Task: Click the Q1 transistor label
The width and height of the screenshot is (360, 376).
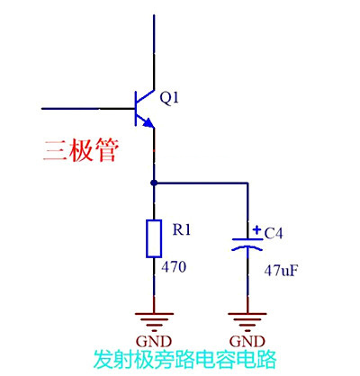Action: pyautogui.click(x=170, y=98)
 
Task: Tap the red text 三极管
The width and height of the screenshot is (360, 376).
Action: pyautogui.click(x=80, y=149)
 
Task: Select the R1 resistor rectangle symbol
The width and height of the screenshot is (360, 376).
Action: pyautogui.click(x=155, y=237)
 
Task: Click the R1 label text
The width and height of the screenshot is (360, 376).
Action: pyautogui.click(x=183, y=229)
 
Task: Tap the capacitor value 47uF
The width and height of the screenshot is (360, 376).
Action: pyautogui.click(x=280, y=269)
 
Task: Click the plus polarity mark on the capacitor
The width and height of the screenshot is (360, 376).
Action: pyautogui.click(x=256, y=229)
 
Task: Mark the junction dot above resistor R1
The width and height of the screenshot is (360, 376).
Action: pyautogui.click(x=155, y=183)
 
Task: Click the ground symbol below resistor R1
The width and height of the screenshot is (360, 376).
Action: pyautogui.click(x=155, y=320)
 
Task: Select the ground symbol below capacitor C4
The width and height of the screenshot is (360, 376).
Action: pyautogui.click(x=246, y=320)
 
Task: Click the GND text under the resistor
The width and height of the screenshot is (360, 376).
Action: pyautogui.click(x=155, y=342)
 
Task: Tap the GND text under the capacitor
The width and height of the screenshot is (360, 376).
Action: pyautogui.click(x=247, y=342)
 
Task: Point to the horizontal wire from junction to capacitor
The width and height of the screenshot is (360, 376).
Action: pyautogui.click(x=202, y=183)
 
